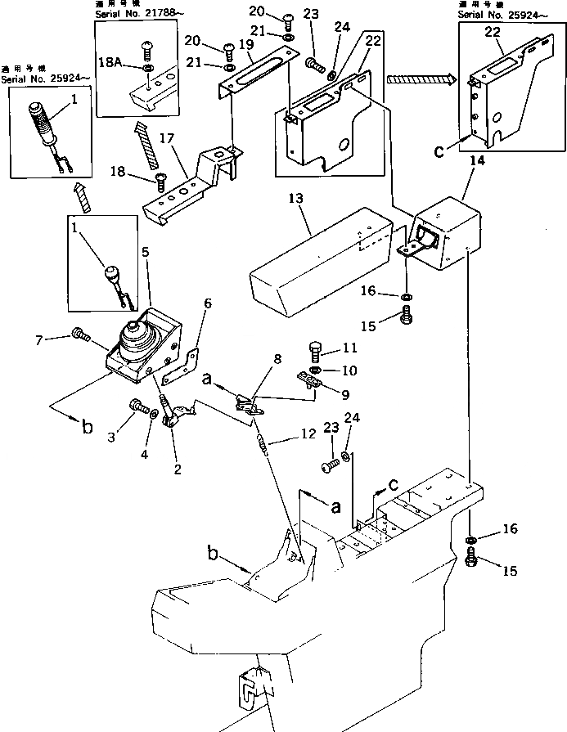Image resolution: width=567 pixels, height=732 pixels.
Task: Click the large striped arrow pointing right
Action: (x=419, y=79)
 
